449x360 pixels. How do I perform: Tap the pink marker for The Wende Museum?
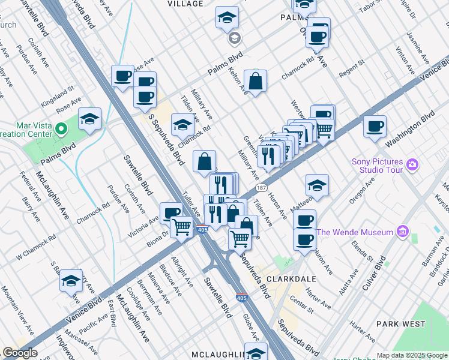click(x=402, y=232)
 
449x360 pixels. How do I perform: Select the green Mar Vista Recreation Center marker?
click(x=61, y=128)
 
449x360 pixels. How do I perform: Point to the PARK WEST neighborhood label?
click(x=400, y=323)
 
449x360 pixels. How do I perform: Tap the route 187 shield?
click(x=261, y=187)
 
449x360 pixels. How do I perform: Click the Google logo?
click(x=20, y=353)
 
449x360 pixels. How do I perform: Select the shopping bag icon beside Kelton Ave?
click(x=255, y=82)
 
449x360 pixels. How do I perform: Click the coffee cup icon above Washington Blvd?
click(x=375, y=127)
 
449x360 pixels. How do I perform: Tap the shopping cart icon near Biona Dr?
click(x=182, y=227)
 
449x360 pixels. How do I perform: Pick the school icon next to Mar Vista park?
click(x=89, y=119)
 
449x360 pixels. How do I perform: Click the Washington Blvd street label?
click(x=409, y=129)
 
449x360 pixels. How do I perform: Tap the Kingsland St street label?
click(x=58, y=95)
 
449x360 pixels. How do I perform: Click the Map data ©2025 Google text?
click(x=412, y=355)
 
